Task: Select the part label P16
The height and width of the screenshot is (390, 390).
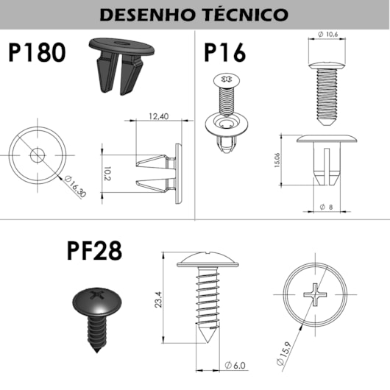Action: tap(226, 53)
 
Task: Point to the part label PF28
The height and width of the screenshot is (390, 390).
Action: tap(95, 252)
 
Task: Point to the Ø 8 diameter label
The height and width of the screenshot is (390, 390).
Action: tap(327, 208)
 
